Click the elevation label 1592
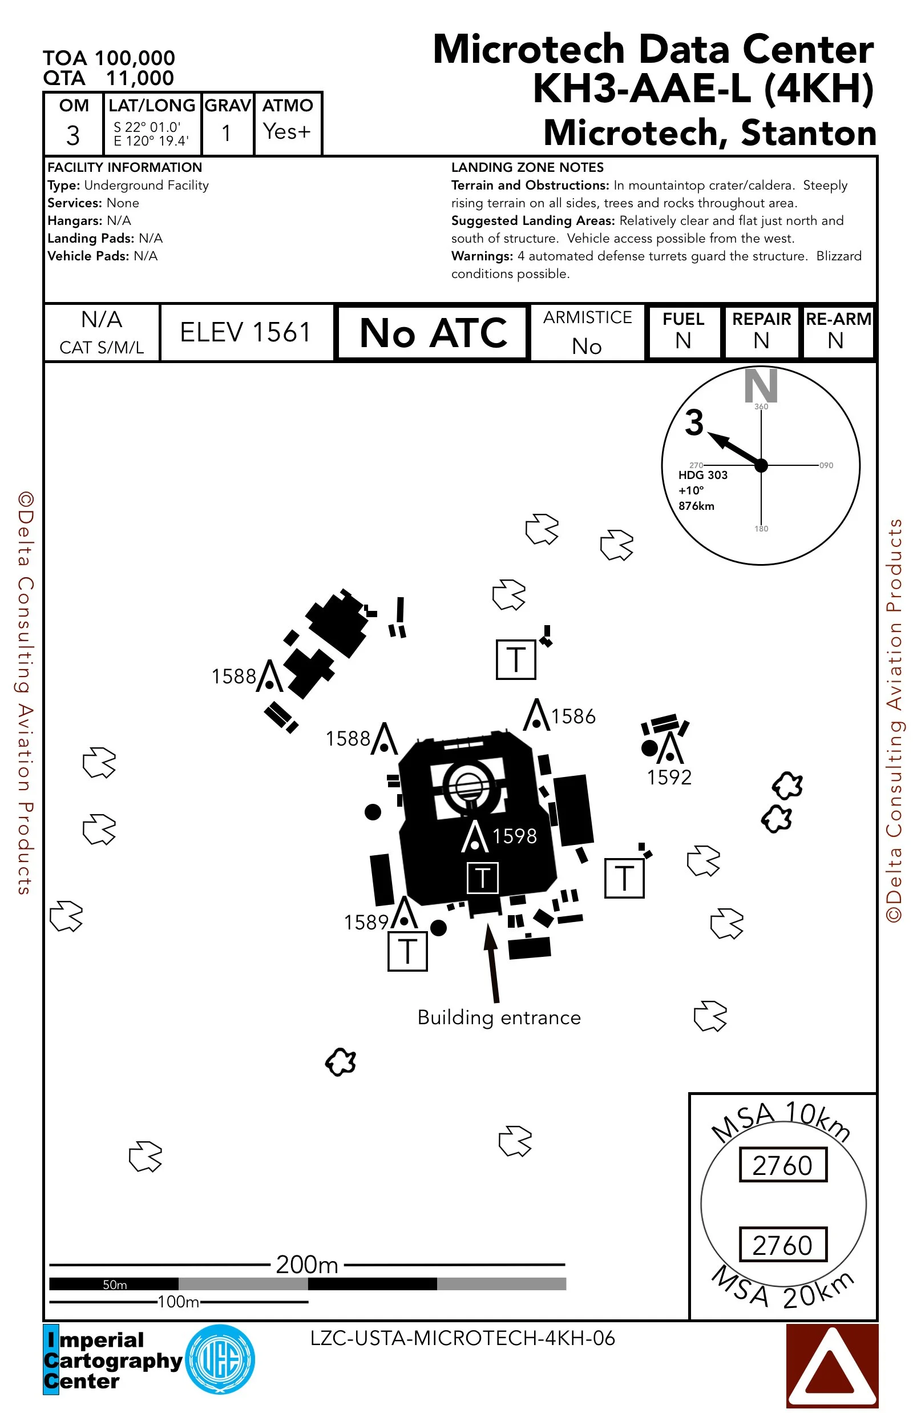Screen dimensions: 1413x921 (x=669, y=777)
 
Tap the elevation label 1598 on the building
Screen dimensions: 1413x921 (x=514, y=836)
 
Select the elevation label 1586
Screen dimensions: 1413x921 (x=573, y=716)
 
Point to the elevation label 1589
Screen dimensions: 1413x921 (x=366, y=922)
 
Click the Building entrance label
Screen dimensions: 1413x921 (x=499, y=1017)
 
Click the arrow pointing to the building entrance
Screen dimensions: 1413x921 (x=492, y=962)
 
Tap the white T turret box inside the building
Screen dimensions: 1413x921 (x=482, y=877)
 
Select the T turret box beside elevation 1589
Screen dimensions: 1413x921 (x=407, y=952)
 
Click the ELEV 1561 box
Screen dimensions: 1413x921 (x=246, y=332)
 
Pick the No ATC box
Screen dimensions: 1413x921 (x=433, y=332)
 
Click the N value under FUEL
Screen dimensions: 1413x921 (x=683, y=341)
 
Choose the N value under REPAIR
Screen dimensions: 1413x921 (x=761, y=341)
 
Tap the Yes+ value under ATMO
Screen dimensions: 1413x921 (x=286, y=131)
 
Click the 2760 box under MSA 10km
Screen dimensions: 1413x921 (x=782, y=1165)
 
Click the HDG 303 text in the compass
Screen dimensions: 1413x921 (x=702, y=475)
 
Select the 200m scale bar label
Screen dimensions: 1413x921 (x=307, y=1265)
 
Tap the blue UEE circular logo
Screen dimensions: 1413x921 (x=220, y=1359)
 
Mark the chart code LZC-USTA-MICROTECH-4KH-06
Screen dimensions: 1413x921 (x=462, y=1338)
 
